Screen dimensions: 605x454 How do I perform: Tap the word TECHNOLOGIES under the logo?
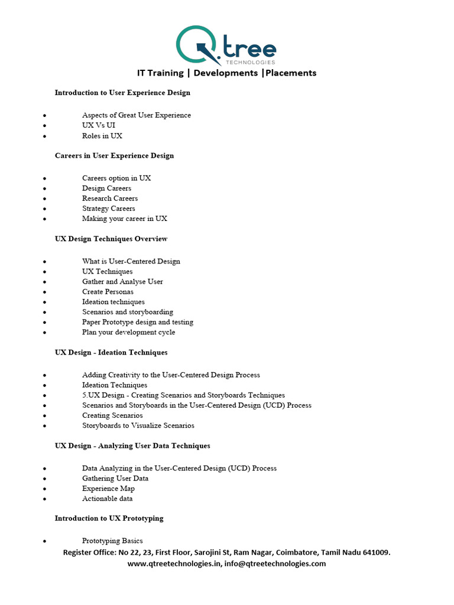click(251, 61)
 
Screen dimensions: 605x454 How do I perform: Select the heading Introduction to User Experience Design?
click(122, 93)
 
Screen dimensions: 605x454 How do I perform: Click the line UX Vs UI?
click(99, 125)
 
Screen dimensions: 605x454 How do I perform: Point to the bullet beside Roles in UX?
click(44, 136)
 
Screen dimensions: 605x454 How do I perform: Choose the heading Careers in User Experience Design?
click(114, 156)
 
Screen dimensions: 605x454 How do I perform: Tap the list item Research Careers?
click(110, 199)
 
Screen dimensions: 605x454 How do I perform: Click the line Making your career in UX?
click(125, 219)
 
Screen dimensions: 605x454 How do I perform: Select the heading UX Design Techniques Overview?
click(111, 239)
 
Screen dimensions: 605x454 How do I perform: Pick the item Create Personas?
click(108, 292)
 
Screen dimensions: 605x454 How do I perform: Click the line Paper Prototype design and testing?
click(138, 322)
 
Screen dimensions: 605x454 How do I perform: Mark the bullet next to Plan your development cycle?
click(44, 333)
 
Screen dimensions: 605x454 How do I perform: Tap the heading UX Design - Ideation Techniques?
click(111, 353)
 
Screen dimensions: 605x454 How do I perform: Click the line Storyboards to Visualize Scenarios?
click(138, 425)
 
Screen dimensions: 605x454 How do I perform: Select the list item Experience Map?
click(108, 489)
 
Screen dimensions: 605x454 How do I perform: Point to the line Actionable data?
click(107, 499)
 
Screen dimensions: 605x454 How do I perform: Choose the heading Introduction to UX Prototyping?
click(109, 519)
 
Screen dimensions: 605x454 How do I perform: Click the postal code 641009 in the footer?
click(375, 552)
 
